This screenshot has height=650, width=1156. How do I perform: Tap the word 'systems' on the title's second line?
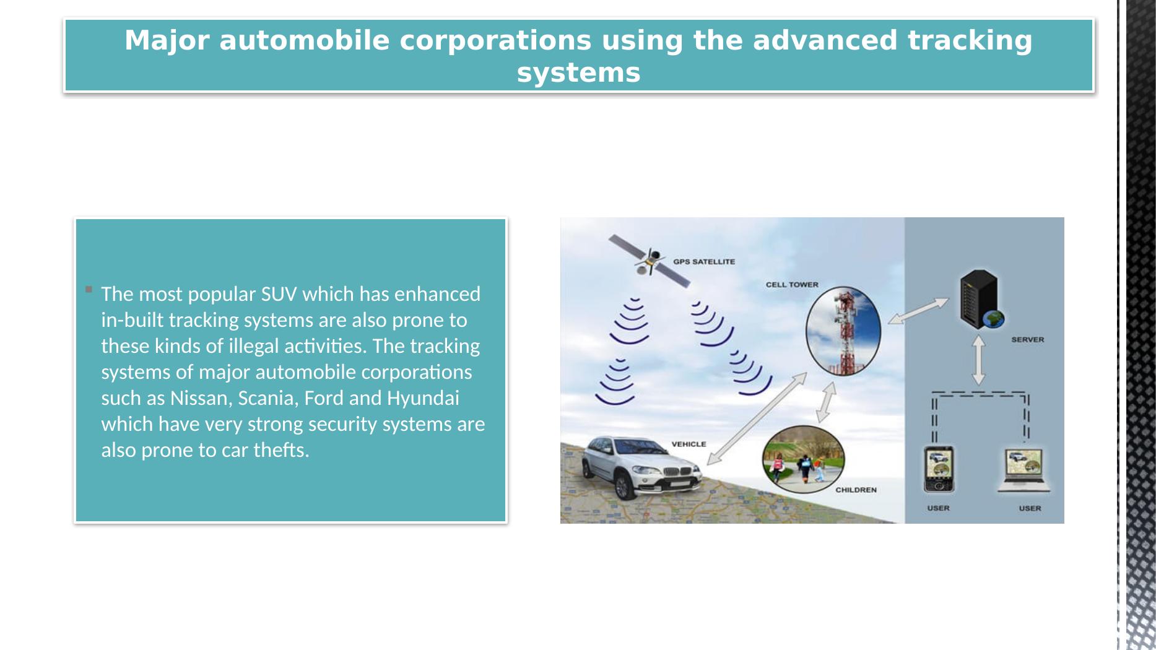[x=578, y=72]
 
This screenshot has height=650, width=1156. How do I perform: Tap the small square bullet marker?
[x=89, y=289]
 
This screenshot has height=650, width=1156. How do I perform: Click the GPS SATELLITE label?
[x=704, y=262]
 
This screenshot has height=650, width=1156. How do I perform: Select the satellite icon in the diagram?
[x=649, y=261]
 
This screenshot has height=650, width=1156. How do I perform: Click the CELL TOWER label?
[x=792, y=285]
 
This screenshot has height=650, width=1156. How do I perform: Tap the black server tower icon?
[x=981, y=299]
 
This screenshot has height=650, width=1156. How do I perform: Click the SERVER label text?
[x=1027, y=339]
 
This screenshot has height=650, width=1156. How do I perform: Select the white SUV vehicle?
[x=642, y=467]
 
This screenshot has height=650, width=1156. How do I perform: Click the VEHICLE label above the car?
[x=689, y=444]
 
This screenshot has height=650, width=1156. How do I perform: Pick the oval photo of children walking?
[x=803, y=459]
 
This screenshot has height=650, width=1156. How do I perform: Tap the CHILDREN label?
[x=856, y=490]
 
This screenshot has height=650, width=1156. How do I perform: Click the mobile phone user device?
[x=938, y=469]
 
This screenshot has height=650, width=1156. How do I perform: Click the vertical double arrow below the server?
[x=979, y=360]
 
